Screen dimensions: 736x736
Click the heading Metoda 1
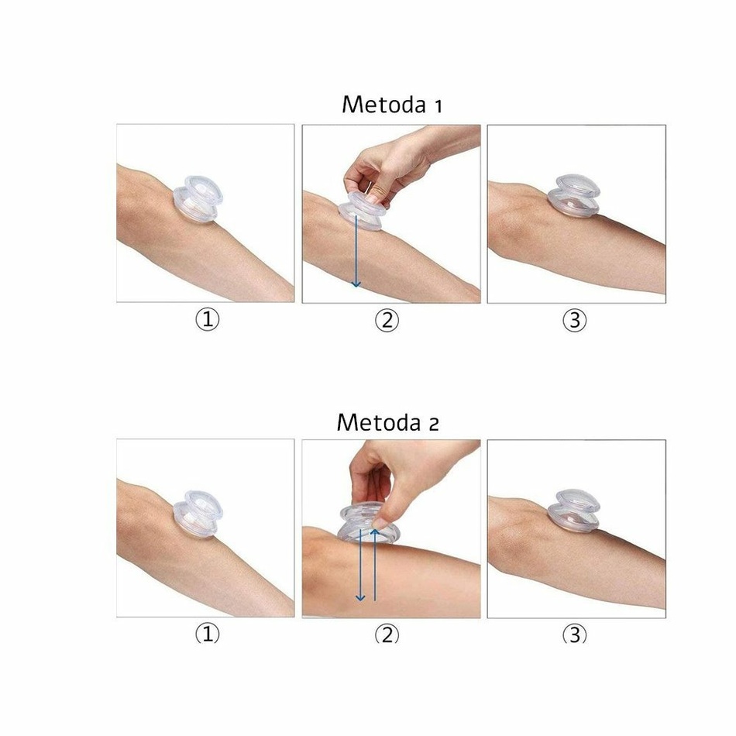pyautogui.click(x=392, y=105)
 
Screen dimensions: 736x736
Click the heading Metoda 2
pyautogui.click(x=387, y=422)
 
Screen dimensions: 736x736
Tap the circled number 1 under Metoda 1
pyautogui.click(x=207, y=320)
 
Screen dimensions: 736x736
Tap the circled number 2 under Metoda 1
pyautogui.click(x=387, y=320)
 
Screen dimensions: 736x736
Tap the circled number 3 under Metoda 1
pyautogui.click(x=575, y=320)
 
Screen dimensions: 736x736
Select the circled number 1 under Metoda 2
pyautogui.click(x=207, y=635)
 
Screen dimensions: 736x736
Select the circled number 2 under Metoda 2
pyautogui.click(x=387, y=635)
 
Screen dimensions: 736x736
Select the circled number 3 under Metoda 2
pyautogui.click(x=575, y=635)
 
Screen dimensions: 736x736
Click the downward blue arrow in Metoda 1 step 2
pyautogui.click(x=356, y=251)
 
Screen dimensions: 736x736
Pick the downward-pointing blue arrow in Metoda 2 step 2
pyautogui.click(x=360, y=565)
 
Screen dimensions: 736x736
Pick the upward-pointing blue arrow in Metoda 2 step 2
pyautogui.click(x=374, y=565)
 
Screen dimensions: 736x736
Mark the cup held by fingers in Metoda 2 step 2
pyautogui.click(x=367, y=524)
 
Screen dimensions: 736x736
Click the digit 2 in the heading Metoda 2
pyautogui.click(x=434, y=425)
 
